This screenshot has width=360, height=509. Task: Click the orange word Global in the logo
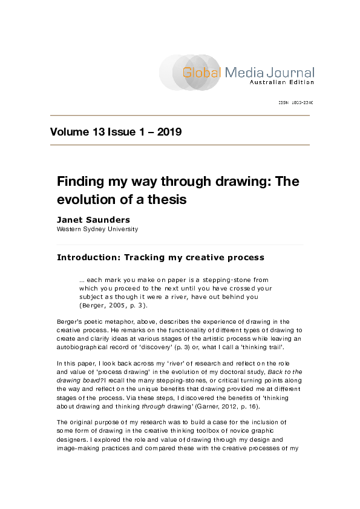[203, 73]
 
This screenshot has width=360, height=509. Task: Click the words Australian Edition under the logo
[282, 82]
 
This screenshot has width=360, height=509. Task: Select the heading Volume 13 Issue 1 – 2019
[116, 133]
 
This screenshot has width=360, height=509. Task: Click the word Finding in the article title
[81, 182]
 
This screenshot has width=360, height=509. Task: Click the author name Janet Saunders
[94, 220]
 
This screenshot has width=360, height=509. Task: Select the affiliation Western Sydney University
[97, 229]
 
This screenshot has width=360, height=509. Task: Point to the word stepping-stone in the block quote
[223, 280]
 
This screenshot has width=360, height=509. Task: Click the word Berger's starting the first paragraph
[71, 321]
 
